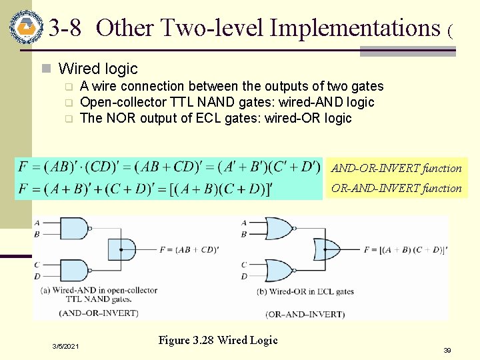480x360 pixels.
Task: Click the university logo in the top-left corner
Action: (x=26, y=27)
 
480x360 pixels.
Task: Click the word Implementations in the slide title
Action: (x=352, y=28)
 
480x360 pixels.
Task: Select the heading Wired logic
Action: (x=98, y=68)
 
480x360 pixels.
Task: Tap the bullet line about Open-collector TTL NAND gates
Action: (x=227, y=102)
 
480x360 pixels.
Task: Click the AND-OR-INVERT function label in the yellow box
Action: (x=397, y=168)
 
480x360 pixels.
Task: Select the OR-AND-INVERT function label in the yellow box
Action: (x=397, y=188)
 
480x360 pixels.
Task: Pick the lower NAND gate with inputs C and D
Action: (x=76, y=270)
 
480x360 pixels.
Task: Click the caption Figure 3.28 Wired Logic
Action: (x=217, y=340)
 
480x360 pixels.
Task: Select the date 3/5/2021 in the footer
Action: (x=66, y=347)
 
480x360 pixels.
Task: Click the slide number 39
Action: (x=447, y=349)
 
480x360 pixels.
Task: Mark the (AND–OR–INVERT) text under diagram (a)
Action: (x=98, y=312)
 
